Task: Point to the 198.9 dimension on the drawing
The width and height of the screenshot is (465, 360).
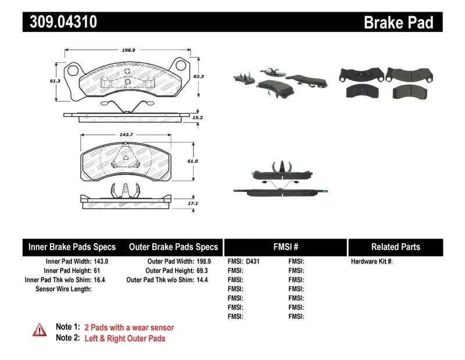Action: click(129, 50)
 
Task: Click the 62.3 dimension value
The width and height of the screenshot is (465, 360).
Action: click(199, 76)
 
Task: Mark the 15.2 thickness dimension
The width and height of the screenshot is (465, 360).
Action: click(198, 117)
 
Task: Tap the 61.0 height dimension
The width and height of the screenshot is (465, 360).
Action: click(193, 161)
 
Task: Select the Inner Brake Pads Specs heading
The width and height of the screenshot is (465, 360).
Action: click(72, 247)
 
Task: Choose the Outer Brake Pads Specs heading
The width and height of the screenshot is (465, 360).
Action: click(173, 247)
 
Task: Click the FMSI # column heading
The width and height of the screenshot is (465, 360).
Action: click(286, 247)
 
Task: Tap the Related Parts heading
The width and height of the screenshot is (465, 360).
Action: click(395, 247)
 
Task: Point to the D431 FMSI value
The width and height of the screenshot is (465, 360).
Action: click(252, 262)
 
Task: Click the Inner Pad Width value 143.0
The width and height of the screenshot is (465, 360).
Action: click(101, 262)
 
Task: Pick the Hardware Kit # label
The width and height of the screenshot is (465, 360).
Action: click(371, 262)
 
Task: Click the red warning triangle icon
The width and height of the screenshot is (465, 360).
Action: click(40, 330)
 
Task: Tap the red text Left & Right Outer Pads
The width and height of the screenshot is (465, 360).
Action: click(124, 338)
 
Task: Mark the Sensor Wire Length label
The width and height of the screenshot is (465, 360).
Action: click(63, 288)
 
